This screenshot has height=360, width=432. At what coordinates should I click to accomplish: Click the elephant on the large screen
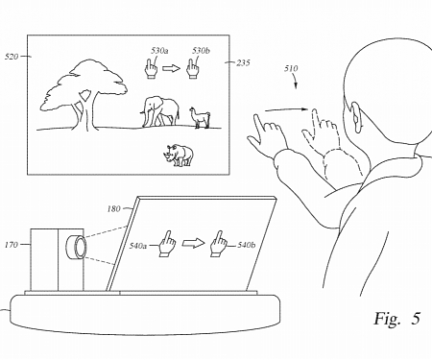coord(158,111)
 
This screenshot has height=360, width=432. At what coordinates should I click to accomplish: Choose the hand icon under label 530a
coord(150,67)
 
